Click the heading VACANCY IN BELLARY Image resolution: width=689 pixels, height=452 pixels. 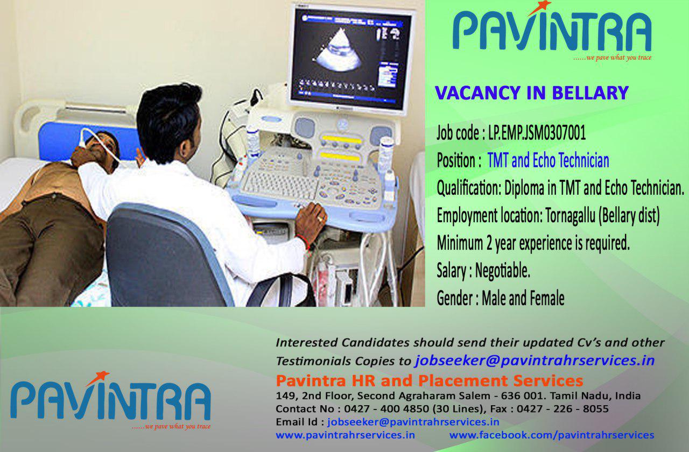click(x=532, y=93)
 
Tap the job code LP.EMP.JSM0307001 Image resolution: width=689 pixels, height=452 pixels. click(x=537, y=133)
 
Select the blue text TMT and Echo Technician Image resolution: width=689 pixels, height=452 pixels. click(x=549, y=160)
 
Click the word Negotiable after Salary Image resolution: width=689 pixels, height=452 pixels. click(x=503, y=271)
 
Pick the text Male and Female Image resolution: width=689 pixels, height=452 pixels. click(x=523, y=298)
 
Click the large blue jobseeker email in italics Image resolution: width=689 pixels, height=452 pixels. click(x=535, y=361)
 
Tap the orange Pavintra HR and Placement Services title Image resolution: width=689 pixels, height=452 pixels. click(x=430, y=380)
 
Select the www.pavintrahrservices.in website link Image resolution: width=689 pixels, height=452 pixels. click(x=345, y=435)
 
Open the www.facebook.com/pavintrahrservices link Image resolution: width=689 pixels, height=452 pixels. click(x=552, y=435)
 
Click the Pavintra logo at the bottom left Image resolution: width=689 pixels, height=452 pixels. click(x=111, y=401)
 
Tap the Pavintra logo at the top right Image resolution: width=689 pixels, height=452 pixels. click(x=552, y=31)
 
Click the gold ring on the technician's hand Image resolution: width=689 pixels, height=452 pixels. click(x=320, y=219)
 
